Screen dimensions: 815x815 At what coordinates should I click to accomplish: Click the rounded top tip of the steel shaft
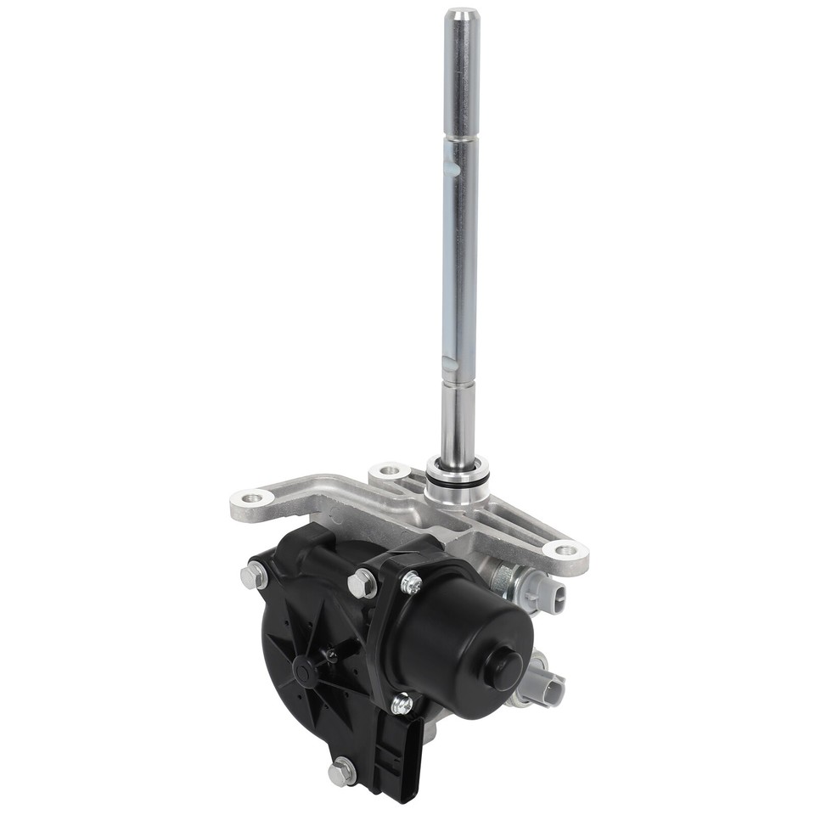tap(462, 14)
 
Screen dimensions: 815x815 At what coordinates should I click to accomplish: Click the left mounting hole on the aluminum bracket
tap(251, 498)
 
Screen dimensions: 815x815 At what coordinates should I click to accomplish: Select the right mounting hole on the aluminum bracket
tap(566, 550)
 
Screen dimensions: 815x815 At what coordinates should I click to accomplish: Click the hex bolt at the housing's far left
tap(253, 576)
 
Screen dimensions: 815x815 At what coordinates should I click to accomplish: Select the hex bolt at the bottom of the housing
tap(340, 771)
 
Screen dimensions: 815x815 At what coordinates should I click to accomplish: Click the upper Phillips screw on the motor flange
tap(411, 582)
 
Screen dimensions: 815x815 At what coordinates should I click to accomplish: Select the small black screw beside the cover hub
tap(330, 655)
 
